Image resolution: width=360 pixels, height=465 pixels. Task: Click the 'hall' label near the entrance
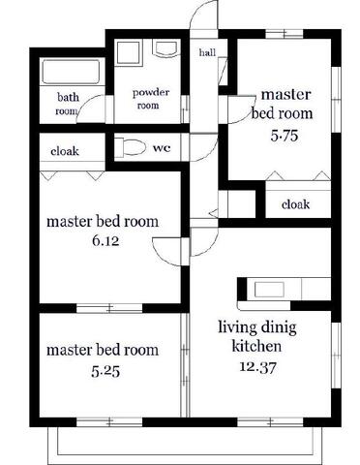point(207,52)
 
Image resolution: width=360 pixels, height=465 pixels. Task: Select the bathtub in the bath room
point(71,72)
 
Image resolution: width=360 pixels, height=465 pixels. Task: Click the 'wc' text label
point(162,148)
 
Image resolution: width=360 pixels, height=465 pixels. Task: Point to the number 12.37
point(257,367)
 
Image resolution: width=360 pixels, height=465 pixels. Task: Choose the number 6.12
point(105,241)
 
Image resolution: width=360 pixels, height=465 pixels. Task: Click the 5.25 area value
point(105,372)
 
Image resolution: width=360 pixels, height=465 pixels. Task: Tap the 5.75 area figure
point(285,136)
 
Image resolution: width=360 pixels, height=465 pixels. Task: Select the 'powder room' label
point(150,99)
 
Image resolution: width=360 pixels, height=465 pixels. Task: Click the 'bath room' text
point(68,104)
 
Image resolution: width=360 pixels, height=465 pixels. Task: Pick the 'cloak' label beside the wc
point(65,151)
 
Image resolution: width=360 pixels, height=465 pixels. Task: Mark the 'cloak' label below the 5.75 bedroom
point(295,204)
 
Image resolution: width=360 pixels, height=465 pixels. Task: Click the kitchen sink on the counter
point(269,290)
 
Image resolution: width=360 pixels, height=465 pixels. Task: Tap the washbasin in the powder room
point(166,48)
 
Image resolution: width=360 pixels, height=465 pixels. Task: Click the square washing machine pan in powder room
point(129,53)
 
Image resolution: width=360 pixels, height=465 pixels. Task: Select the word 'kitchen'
point(256,347)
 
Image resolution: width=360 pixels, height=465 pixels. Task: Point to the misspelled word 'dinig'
point(279,328)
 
